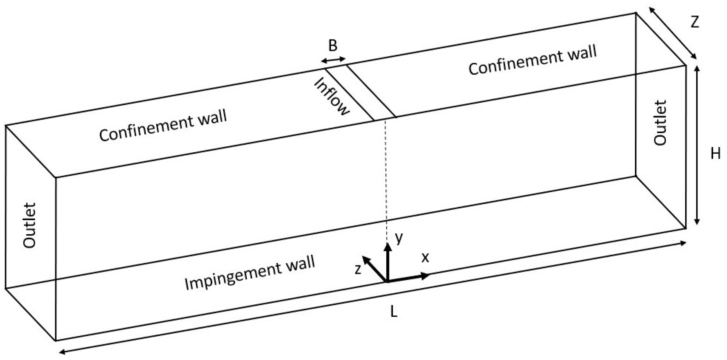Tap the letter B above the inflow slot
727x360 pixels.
click(x=333, y=46)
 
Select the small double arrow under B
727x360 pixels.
click(x=333, y=60)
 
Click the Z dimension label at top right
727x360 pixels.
click(x=695, y=22)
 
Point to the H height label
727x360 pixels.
click(x=715, y=154)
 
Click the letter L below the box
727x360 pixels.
click(x=394, y=311)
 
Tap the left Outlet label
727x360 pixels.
click(x=30, y=225)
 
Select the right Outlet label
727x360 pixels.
click(x=660, y=123)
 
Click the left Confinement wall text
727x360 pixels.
click(x=163, y=125)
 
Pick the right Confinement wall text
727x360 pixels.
click(x=533, y=60)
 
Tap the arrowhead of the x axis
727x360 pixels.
click(x=425, y=276)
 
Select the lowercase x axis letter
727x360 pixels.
click(x=425, y=258)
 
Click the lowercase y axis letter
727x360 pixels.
click(x=399, y=238)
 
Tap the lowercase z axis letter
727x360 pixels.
click(x=358, y=269)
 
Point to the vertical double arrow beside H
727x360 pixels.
click(x=697, y=145)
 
